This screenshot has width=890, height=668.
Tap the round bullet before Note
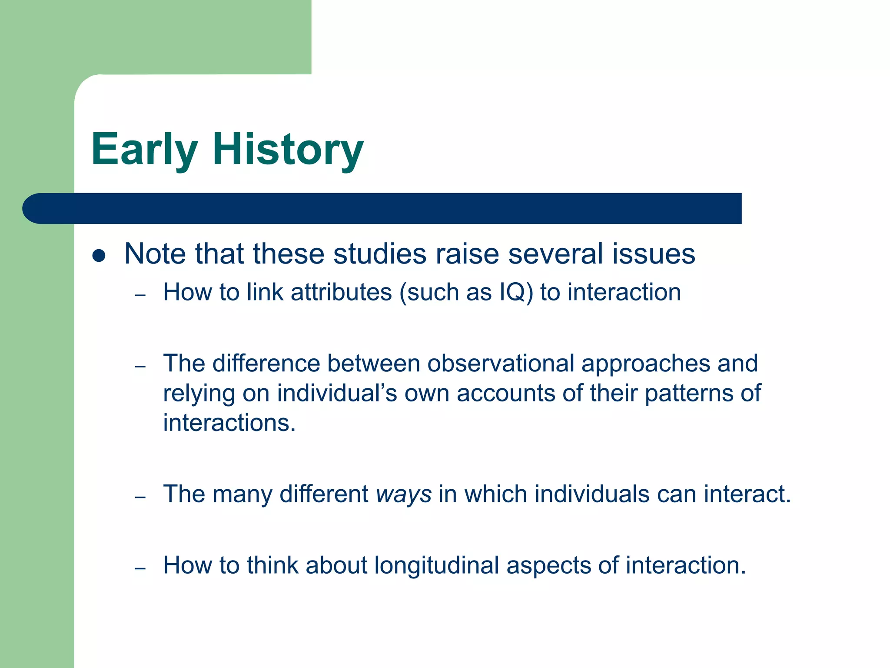click(99, 256)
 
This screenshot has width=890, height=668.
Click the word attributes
click(341, 292)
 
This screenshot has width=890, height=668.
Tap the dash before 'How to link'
click(140, 296)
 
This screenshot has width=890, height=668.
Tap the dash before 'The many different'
click(140, 497)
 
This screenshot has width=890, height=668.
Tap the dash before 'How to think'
click(140, 568)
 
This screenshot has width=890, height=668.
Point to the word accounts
click(505, 393)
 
